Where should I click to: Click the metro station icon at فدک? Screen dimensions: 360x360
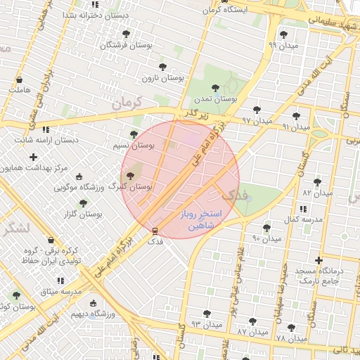(x=155, y=230)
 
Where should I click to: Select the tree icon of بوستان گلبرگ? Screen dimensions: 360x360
(x=130, y=176)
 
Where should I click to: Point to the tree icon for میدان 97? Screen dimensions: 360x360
(x=257, y=109)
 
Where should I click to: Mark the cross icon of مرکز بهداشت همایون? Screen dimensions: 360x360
(x=33, y=156)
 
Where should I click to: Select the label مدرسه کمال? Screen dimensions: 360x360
(x=302, y=219)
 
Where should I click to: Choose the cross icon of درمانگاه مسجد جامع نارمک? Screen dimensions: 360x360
(x=320, y=260)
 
